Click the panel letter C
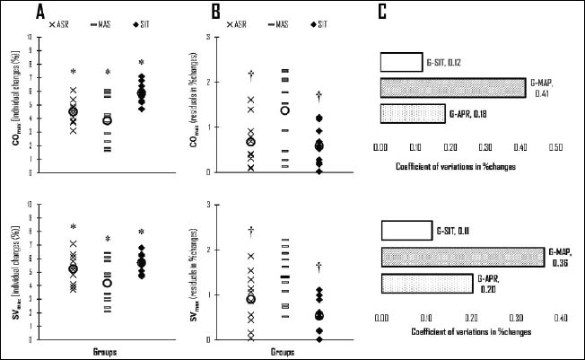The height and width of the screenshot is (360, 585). pyautogui.click(x=383, y=12)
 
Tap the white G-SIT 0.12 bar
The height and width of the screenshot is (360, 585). pyautogui.click(x=401, y=62)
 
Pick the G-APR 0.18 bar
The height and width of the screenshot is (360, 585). pyautogui.click(x=412, y=114)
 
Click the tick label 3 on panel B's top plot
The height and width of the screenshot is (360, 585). pyautogui.click(x=209, y=37)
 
